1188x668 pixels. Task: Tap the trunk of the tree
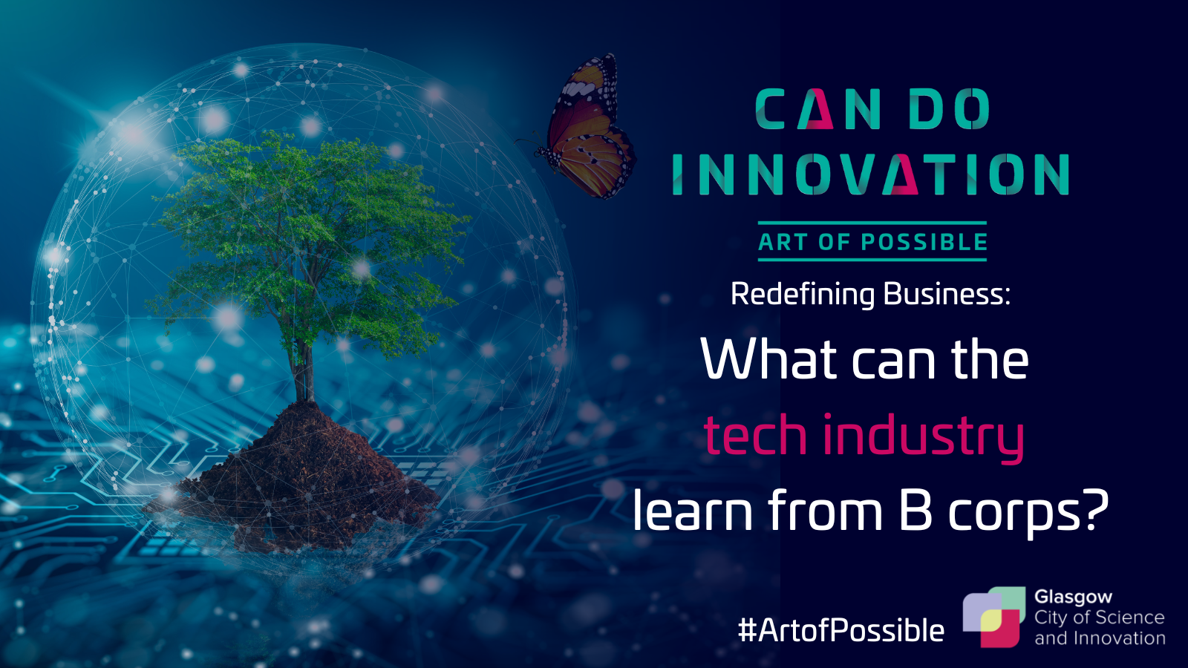point(304,371)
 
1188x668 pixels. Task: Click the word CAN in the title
point(818,108)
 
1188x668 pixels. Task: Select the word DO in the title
point(950,108)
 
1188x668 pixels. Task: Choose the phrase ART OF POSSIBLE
point(872,242)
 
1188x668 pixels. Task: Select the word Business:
point(947,294)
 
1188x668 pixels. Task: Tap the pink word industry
point(924,438)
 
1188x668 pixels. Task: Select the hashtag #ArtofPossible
point(841,631)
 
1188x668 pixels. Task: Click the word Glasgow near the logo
point(1073,597)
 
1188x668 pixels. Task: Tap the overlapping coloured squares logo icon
point(994,617)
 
